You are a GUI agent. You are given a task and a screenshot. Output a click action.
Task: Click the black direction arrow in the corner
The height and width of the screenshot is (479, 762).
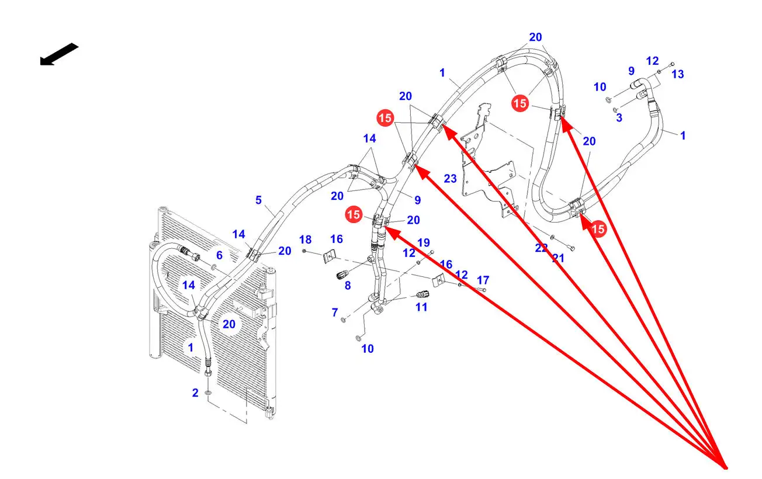pos(58,54)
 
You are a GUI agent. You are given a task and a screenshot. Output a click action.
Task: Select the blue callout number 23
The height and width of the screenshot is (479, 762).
pos(450,179)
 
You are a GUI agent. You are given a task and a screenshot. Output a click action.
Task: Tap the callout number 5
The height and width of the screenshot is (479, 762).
pos(258,200)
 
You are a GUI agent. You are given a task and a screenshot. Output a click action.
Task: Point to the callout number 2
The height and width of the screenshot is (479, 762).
pos(195,393)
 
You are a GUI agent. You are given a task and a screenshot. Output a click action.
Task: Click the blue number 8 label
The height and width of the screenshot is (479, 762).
pos(348,286)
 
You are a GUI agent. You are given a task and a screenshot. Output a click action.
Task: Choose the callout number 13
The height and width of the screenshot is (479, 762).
pos(677,74)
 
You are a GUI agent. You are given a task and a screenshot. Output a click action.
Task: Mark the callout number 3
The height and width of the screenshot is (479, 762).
pos(619,118)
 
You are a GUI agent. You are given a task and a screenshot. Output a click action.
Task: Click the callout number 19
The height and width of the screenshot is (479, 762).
pos(424,242)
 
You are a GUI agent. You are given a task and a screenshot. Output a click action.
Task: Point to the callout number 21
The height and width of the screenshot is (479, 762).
pos(558,258)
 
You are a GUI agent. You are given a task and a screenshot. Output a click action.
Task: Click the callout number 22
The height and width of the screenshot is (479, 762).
pos(542,248)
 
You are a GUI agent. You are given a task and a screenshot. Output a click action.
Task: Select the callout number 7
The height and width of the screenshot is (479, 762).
pos(335,313)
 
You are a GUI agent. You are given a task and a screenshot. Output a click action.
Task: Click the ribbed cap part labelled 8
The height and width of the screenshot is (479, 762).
pos(343,275)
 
